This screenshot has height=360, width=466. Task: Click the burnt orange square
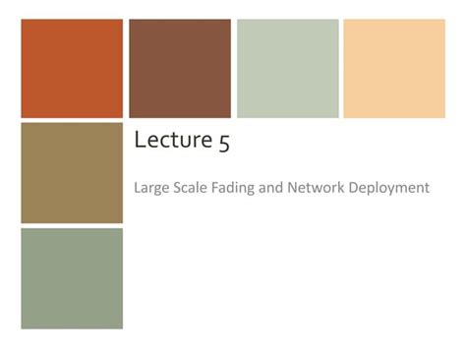(72, 69)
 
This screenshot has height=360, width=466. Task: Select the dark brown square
(180, 69)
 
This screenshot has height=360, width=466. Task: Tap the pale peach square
(393, 69)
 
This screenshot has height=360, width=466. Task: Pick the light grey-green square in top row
(287, 69)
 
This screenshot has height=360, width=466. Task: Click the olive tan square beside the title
(72, 173)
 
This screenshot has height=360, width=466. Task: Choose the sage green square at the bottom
(72, 278)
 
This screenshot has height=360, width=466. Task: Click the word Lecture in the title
(171, 142)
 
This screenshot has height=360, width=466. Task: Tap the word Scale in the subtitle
(188, 187)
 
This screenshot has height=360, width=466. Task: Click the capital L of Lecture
(139, 142)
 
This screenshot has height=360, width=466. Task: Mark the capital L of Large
(136, 187)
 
